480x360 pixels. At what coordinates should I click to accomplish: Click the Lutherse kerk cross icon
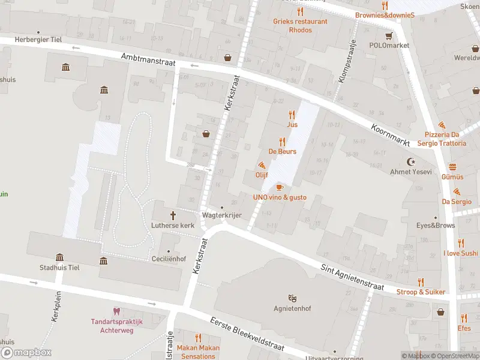click(174, 215)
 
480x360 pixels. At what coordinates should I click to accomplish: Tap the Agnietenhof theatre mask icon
click(292, 298)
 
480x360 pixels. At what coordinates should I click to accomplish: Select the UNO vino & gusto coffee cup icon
click(280, 188)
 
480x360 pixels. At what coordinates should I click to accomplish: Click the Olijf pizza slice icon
click(262, 165)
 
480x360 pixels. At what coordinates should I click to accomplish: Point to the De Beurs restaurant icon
click(282, 142)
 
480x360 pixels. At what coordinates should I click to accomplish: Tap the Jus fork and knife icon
click(292, 115)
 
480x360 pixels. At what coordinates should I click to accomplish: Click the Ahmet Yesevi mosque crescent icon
click(411, 162)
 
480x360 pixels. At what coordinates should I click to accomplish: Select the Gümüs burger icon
click(452, 167)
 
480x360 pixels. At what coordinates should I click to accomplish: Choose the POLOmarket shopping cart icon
click(389, 35)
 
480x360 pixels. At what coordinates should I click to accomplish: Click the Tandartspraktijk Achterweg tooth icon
click(116, 311)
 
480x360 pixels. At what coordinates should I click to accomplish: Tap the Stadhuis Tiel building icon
click(59, 257)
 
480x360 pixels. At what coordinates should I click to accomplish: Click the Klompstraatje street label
click(346, 62)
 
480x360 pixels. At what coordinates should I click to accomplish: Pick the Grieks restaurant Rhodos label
click(300, 26)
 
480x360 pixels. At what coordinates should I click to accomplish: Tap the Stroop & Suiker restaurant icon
click(421, 282)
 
